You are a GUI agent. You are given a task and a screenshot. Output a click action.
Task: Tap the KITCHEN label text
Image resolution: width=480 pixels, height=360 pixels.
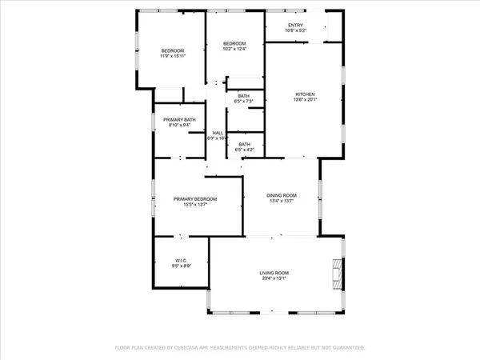click(x=305, y=94)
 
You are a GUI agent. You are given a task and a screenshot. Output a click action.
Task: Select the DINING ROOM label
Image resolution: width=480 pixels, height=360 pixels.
click(x=282, y=195)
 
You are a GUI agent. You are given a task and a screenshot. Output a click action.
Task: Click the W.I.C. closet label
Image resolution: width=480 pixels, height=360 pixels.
click(x=180, y=260)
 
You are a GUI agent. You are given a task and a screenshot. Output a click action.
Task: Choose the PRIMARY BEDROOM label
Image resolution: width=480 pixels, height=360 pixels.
click(x=195, y=199)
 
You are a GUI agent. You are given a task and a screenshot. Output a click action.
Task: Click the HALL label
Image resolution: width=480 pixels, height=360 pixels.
click(x=217, y=133)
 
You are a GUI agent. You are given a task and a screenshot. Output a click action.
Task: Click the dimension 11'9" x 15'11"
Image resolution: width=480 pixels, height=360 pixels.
click(x=173, y=57)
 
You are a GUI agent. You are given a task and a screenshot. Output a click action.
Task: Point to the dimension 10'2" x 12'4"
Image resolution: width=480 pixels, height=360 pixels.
click(x=233, y=50)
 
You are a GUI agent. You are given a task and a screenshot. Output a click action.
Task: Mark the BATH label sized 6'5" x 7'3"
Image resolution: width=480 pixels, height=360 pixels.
click(x=243, y=95)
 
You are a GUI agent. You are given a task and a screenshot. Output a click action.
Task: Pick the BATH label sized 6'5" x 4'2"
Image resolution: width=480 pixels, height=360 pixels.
click(x=243, y=144)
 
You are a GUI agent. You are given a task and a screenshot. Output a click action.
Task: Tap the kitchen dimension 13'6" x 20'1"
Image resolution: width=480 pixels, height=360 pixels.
click(x=305, y=101)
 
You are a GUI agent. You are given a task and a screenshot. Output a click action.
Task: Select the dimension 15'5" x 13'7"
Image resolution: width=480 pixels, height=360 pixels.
click(x=195, y=206)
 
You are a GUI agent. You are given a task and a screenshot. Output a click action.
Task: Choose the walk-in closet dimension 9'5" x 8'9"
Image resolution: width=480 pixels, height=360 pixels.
click(x=180, y=266)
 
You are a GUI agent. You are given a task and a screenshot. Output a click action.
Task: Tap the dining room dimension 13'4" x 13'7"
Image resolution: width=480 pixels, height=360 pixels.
click(x=282, y=202)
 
